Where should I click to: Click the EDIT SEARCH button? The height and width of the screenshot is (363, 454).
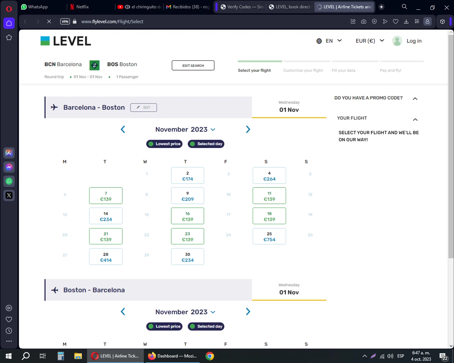click(193, 65)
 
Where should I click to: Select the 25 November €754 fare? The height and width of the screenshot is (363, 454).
click(269, 236)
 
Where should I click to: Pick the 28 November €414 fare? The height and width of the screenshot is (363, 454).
click(106, 257)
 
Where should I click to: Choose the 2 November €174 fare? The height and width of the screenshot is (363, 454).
click(187, 176)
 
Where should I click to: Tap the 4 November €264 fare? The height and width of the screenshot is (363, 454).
click(269, 176)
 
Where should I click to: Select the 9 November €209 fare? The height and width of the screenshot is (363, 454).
click(187, 196)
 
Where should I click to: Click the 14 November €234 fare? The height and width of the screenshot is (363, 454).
click(106, 216)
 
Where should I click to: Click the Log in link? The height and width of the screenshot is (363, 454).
click(414, 41)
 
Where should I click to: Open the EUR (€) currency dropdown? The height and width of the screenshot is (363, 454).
click(370, 41)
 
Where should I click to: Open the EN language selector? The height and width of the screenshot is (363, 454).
click(329, 41)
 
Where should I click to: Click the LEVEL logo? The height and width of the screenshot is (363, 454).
click(66, 41)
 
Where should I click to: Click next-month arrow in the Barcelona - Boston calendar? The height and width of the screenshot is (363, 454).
click(248, 129)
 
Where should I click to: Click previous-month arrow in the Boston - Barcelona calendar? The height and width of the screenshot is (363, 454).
click(123, 312)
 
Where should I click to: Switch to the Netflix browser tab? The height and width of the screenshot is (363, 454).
click(82, 7)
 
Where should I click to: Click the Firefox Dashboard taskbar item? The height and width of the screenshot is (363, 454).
click(173, 356)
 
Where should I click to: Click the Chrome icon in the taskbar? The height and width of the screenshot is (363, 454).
click(209, 356)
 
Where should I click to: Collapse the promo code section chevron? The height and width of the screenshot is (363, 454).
click(415, 99)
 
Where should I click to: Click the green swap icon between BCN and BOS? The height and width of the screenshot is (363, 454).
click(94, 65)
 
